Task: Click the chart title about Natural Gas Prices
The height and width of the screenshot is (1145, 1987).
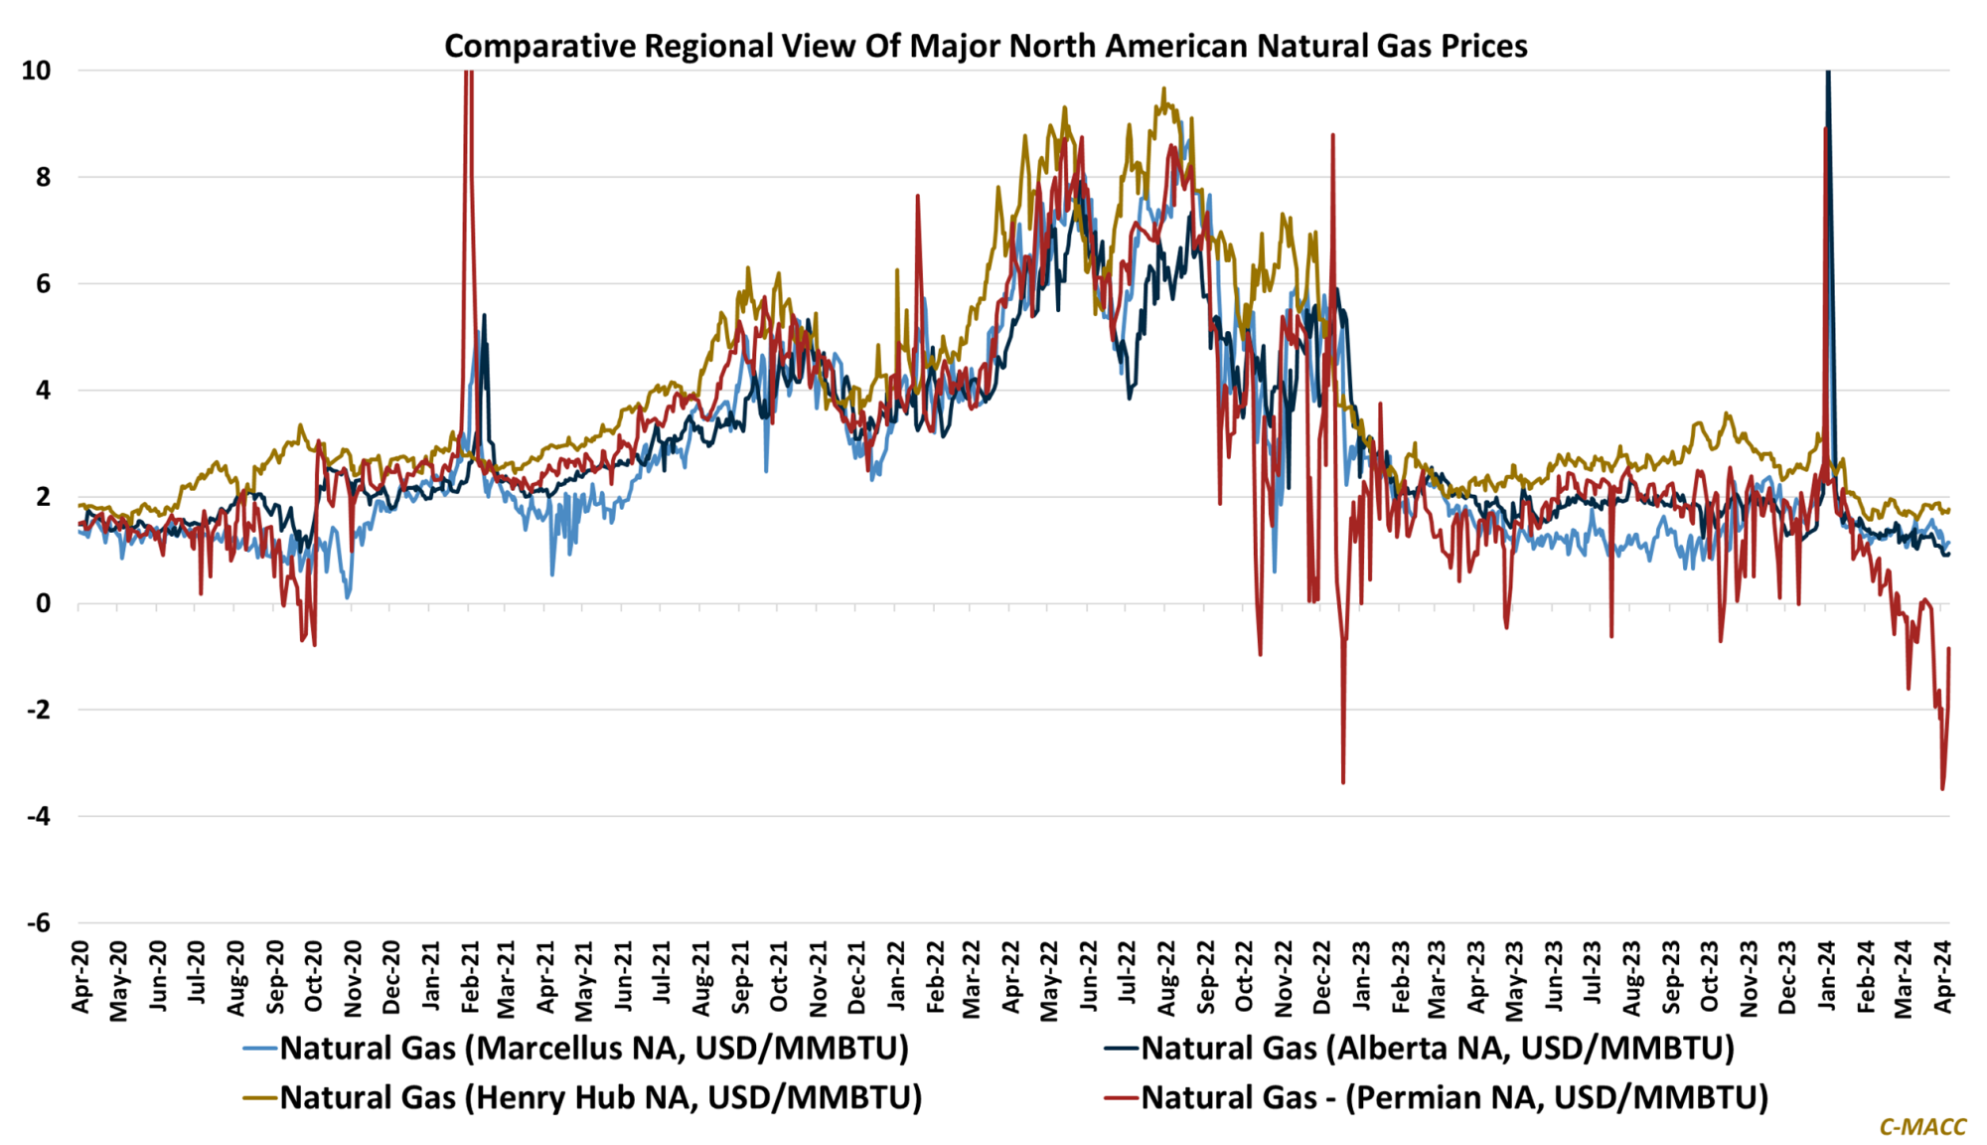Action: point(985,46)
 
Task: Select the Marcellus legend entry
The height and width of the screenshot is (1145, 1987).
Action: point(593,1048)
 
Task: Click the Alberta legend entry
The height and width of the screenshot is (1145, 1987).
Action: point(1437,1048)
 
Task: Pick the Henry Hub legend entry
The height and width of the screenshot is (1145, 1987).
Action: point(600,1097)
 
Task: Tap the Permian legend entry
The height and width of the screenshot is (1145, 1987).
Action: point(1454,1097)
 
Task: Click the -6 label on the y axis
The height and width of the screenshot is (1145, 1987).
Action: point(38,923)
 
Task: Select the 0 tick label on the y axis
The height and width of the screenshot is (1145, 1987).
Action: point(43,603)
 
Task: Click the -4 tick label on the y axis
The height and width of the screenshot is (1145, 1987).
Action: point(38,817)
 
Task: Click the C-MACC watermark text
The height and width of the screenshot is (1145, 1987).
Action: point(1922,1126)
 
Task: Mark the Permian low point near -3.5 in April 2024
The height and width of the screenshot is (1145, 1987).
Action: point(1942,789)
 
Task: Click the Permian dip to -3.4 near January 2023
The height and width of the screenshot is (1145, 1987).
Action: point(1343,783)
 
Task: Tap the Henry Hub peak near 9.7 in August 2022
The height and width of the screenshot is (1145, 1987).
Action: point(1163,88)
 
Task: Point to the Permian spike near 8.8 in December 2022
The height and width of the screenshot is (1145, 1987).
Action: point(1332,134)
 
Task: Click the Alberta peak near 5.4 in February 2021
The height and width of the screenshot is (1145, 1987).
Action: point(484,315)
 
